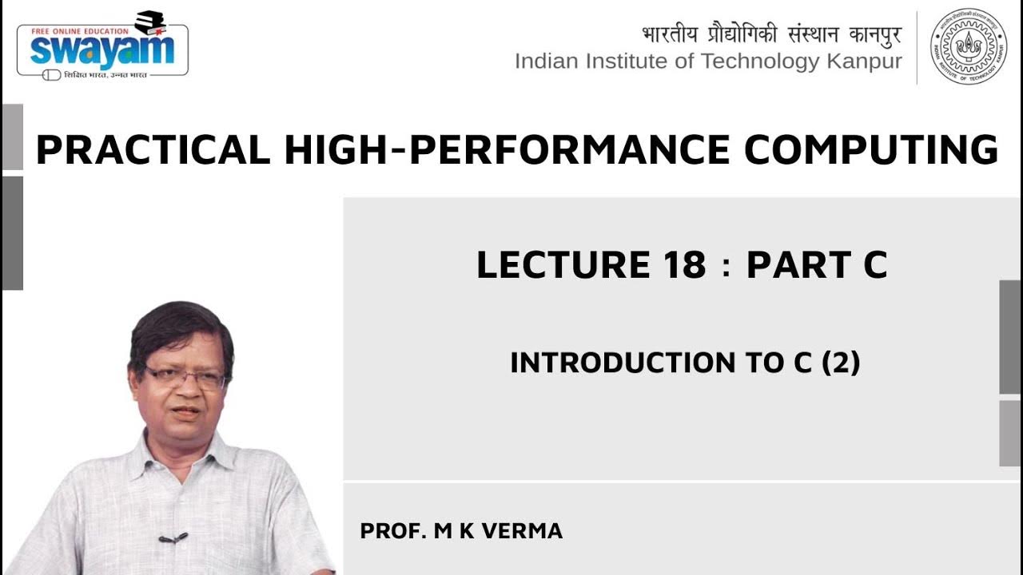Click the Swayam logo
[102, 50]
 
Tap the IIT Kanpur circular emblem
[969, 46]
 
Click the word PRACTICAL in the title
[153, 150]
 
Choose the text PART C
[816, 265]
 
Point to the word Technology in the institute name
[748, 61]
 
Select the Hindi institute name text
[771, 34]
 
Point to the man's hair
[180, 323]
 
